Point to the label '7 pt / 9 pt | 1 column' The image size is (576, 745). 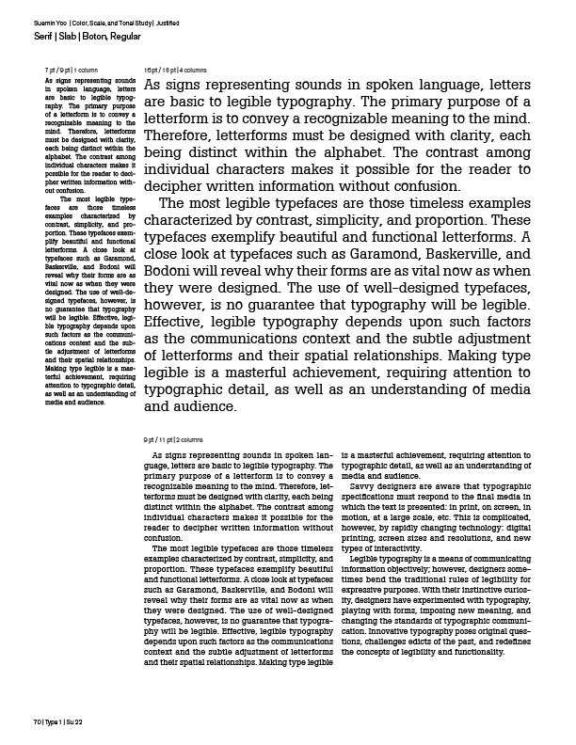click(x=72, y=71)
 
